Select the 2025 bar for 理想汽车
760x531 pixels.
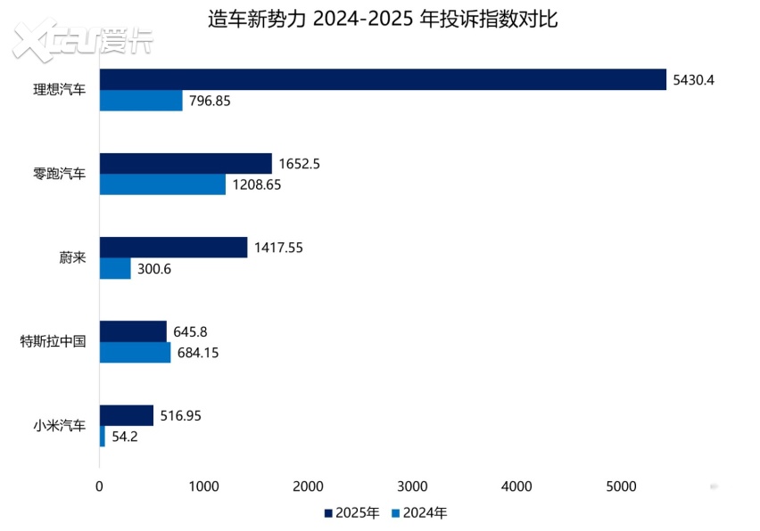383,79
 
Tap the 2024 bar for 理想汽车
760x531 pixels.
141,101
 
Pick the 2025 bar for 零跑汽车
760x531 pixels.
186,163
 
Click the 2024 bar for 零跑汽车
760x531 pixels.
162,184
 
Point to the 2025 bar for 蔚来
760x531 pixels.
173,248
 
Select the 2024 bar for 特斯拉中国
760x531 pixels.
135,353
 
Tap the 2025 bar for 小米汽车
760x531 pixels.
126,415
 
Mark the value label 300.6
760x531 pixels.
155,269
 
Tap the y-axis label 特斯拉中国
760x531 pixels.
53,342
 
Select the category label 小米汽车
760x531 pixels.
60,426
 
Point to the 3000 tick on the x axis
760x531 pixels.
412,486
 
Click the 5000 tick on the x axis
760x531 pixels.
621,486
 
